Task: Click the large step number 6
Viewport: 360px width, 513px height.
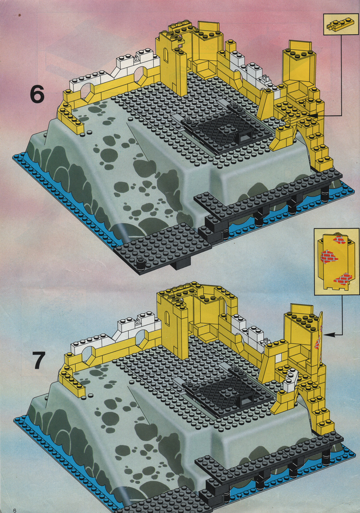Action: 37,94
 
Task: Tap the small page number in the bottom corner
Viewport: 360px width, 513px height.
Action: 14,510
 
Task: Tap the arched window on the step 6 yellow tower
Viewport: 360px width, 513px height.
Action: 166,56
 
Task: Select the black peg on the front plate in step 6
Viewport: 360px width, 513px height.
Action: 141,264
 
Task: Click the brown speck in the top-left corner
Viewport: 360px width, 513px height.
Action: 20,15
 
